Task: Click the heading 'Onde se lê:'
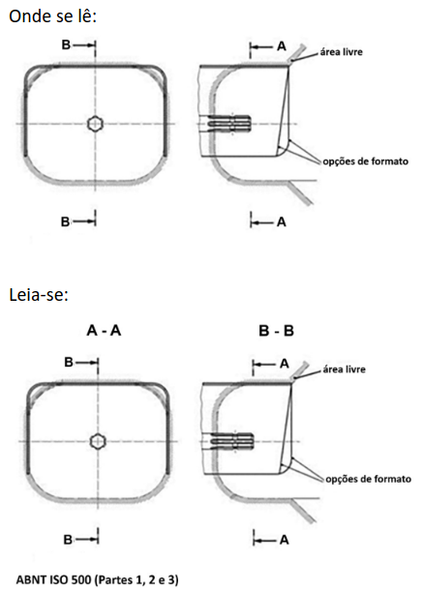coord(53,17)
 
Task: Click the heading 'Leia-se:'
coord(39,295)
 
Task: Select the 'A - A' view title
coord(104,331)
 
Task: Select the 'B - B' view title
coord(276,331)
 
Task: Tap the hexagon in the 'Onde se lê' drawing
coord(95,124)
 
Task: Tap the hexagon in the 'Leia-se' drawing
coord(98,441)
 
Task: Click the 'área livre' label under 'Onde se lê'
coord(341,51)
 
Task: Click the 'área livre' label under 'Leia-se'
coord(345,369)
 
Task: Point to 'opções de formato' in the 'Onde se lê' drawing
coord(365,162)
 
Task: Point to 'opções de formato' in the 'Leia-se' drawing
coord(368,479)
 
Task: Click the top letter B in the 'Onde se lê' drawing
coord(66,44)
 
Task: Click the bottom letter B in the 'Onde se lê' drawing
coord(65,222)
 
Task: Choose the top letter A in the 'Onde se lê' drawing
coord(282,46)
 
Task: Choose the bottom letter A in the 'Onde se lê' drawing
coord(282,222)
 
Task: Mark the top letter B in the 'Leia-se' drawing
coord(69,362)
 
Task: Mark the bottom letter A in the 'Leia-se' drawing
coord(285,540)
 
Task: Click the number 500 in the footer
coord(82,579)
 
